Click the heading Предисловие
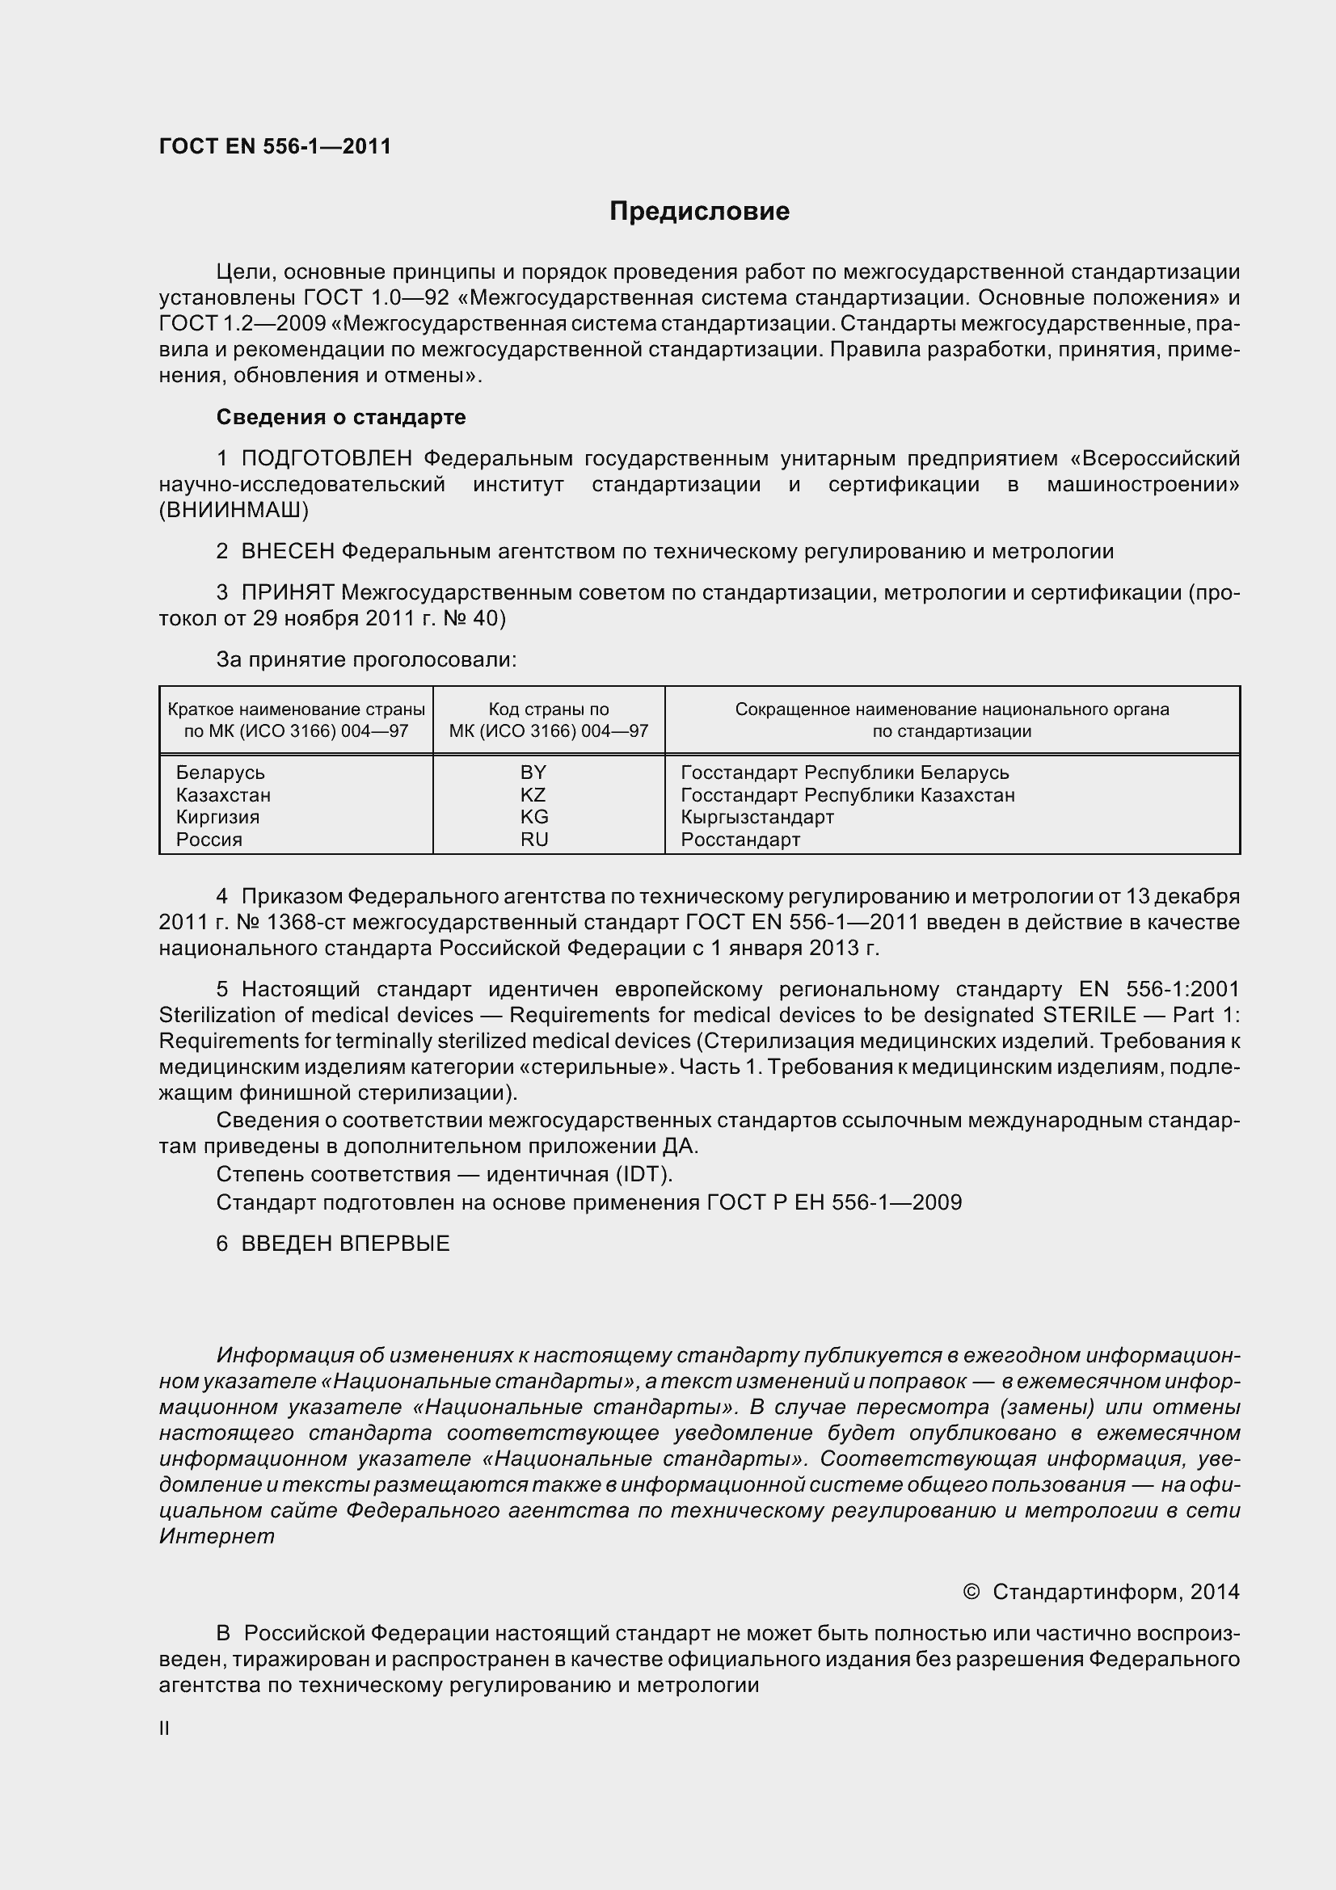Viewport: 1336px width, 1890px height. coord(699,212)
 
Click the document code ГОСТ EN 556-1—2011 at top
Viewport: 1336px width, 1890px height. coord(275,146)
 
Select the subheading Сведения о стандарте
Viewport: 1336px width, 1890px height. coord(341,417)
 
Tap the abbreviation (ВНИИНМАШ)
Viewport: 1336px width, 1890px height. coord(234,511)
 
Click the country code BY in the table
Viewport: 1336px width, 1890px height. coord(533,773)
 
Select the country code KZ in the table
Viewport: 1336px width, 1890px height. coord(533,795)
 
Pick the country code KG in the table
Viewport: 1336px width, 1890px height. coord(534,818)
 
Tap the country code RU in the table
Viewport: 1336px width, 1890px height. coord(534,840)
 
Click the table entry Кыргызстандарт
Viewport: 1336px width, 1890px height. coord(757,818)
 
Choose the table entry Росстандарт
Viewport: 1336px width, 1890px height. coord(740,840)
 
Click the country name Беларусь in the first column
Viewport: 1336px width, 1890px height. coord(221,773)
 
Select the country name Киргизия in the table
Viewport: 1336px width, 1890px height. coord(217,818)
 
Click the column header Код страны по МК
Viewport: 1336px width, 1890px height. coord(548,719)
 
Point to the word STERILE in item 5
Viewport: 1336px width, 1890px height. coord(1089,1015)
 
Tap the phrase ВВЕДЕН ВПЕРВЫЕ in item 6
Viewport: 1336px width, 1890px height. coord(346,1244)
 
